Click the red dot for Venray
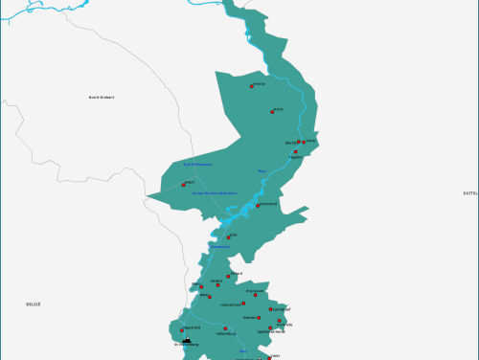point(252,86)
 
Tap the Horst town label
point(278,109)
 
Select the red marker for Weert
point(183,185)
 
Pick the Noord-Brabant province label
point(101,97)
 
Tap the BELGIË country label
point(34,304)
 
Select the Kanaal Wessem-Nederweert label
point(215,192)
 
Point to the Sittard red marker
point(228,275)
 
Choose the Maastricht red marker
point(182,330)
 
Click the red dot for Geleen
point(210,296)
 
